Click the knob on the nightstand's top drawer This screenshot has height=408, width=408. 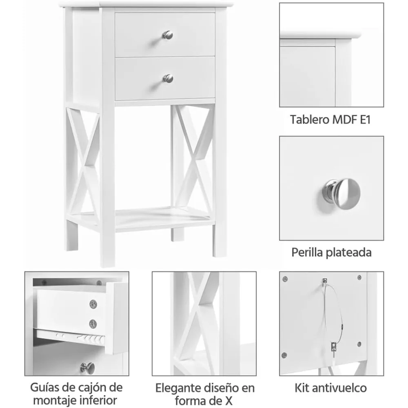168,35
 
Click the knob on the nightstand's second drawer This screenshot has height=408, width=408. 168,78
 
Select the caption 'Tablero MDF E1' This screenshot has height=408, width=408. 330,120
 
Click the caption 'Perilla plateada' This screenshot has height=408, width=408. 331,252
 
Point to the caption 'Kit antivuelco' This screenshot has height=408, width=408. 331,387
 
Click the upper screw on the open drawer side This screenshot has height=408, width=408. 93,304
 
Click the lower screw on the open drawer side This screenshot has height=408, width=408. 93,324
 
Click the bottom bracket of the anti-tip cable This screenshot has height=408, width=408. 333,346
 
